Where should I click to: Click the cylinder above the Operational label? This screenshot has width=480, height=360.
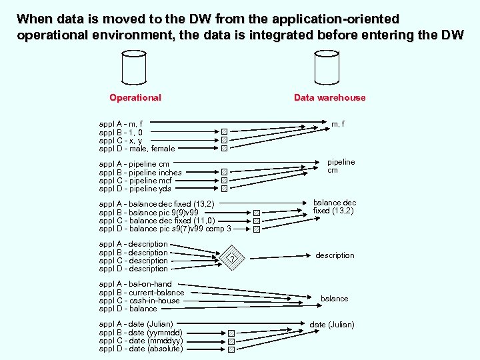pyautogui.click(x=135, y=68)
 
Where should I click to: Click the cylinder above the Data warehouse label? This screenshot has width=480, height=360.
pyautogui.click(x=329, y=68)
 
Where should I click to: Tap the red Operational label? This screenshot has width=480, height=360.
pyautogui.click(x=135, y=97)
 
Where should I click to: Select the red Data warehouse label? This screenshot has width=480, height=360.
pyautogui.click(x=329, y=97)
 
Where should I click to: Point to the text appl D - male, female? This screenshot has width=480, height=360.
pyautogui.click(x=137, y=149)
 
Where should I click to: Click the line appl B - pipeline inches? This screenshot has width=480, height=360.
pyautogui.click(x=140, y=172)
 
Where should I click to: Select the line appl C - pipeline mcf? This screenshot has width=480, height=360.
pyautogui.click(x=137, y=180)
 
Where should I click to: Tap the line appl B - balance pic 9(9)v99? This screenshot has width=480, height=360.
pyautogui.click(x=148, y=212)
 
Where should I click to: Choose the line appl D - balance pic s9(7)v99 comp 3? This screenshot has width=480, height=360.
pyautogui.click(x=165, y=229)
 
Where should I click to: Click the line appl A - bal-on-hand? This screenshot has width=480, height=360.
pyautogui.click(x=135, y=284)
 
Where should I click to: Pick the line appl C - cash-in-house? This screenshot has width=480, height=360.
pyautogui.click(x=139, y=301)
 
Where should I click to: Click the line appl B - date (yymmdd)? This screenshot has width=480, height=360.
pyautogui.click(x=140, y=332)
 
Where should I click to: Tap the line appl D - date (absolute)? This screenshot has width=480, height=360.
pyautogui.click(x=141, y=349)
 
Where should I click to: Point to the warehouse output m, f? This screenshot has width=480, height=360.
pyautogui.click(x=338, y=124)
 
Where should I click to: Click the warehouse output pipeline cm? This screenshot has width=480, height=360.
pyautogui.click(x=341, y=166)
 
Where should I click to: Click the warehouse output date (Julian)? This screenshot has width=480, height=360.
pyautogui.click(x=331, y=325)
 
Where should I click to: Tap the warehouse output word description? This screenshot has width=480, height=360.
pyautogui.click(x=335, y=255)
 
